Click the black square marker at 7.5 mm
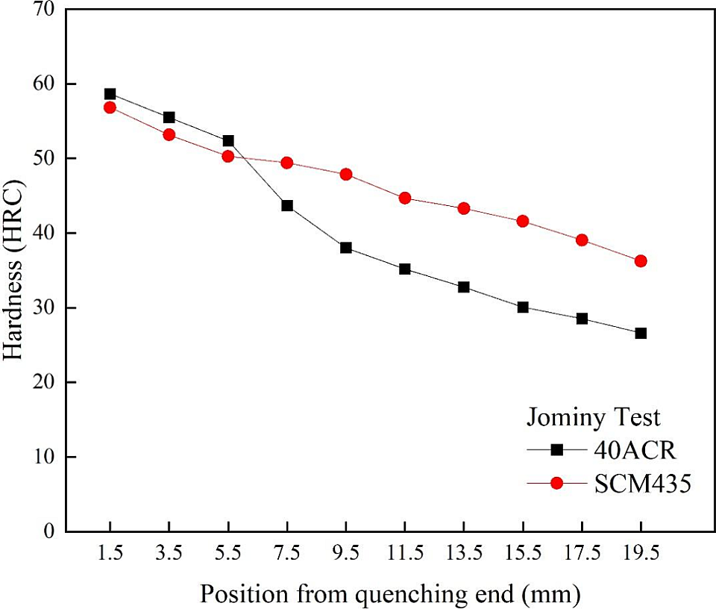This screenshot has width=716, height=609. click(x=287, y=205)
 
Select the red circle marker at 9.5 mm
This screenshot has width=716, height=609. click(x=346, y=174)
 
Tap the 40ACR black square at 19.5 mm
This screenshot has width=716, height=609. click(x=641, y=333)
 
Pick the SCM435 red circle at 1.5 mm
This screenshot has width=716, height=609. click(x=110, y=107)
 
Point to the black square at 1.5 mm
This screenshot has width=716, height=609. click(x=110, y=94)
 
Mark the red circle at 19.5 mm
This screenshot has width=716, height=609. click(x=641, y=261)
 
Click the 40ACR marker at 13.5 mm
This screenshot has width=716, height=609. click(x=464, y=287)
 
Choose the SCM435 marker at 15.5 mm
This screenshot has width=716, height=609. click(x=523, y=221)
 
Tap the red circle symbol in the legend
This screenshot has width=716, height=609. click(x=556, y=484)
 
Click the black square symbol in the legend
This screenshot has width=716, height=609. click(x=556, y=450)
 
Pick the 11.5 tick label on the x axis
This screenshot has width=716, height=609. click(x=405, y=553)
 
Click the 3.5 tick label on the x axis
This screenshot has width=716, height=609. click(x=169, y=553)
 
